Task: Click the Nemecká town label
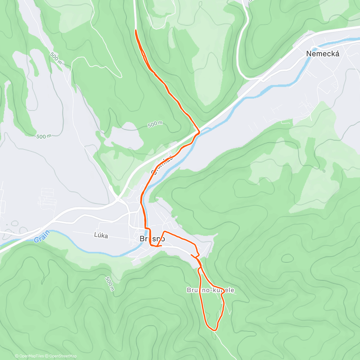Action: (x=323, y=54)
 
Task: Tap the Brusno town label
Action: (x=152, y=239)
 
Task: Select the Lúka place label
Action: (x=101, y=235)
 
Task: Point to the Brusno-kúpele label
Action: (x=210, y=290)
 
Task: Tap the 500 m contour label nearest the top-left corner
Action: (x=56, y=59)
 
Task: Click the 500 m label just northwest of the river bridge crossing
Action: (x=155, y=124)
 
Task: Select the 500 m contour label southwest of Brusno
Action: (x=110, y=284)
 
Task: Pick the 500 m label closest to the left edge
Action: (x=44, y=136)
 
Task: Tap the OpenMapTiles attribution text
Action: (x=31, y=356)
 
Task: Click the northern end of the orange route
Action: (x=136, y=30)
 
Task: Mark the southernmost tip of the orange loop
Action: (x=214, y=330)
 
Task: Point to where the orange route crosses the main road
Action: (x=198, y=132)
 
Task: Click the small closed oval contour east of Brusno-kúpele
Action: (x=287, y=258)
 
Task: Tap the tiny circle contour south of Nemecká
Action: (x=324, y=171)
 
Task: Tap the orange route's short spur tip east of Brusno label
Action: (x=162, y=246)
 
